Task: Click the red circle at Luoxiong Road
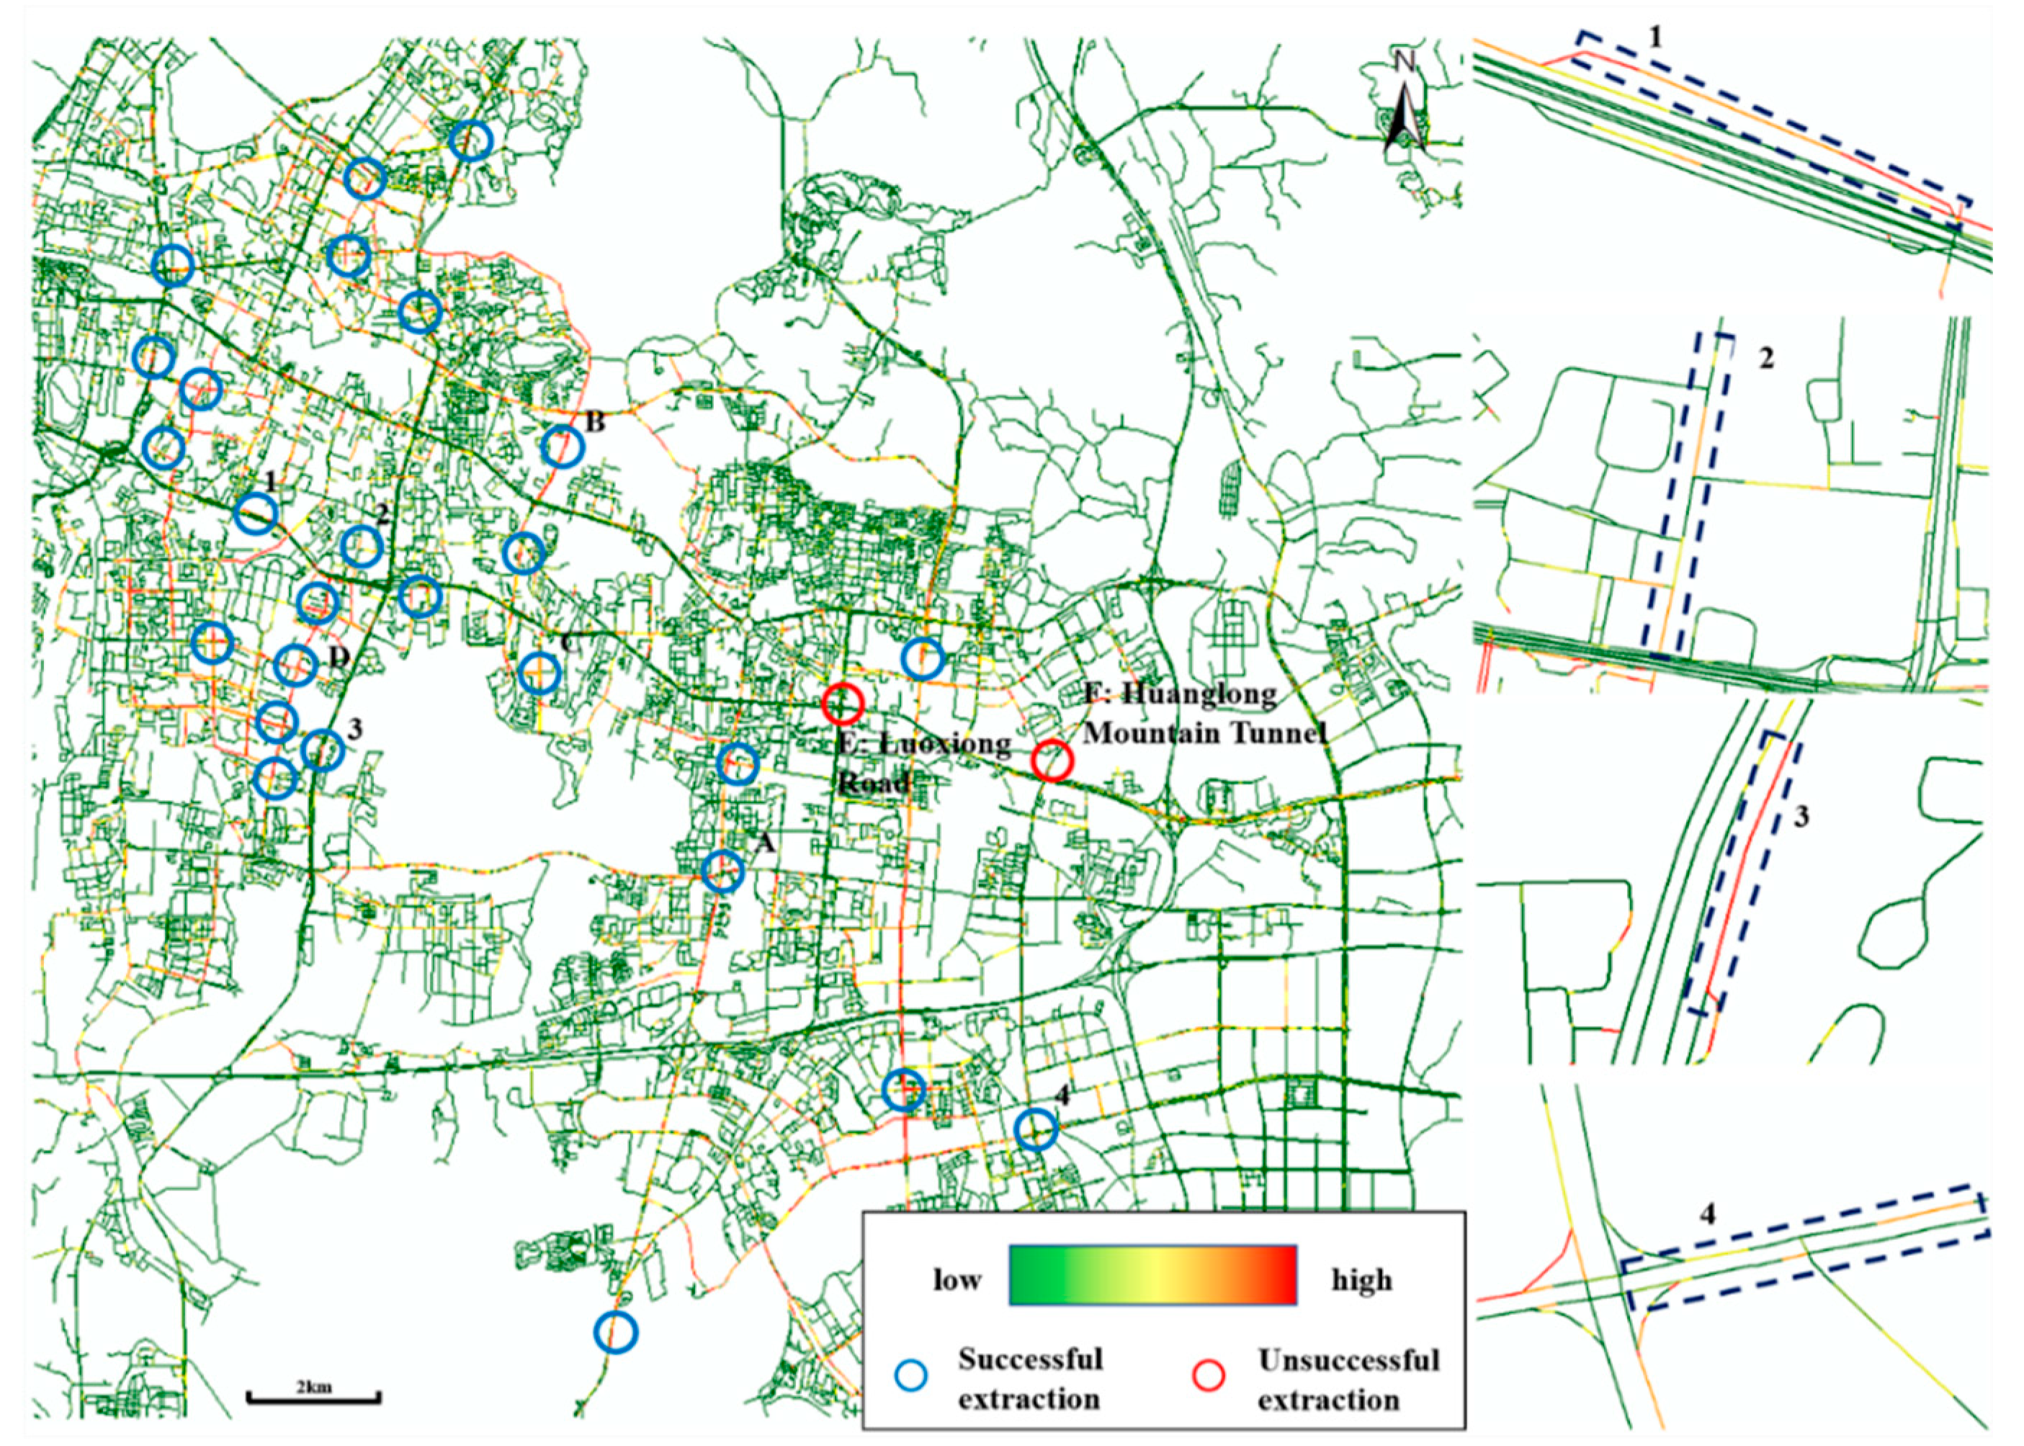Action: tap(842, 704)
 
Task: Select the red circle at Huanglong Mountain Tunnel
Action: tap(1052, 760)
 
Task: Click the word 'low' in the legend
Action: tap(957, 1280)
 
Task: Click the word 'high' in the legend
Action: tap(1361, 1280)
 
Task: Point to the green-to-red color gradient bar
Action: tap(1152, 1275)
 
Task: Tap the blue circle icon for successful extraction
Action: tap(910, 1375)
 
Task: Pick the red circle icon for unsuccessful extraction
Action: tap(1209, 1375)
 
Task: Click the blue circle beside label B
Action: tap(562, 445)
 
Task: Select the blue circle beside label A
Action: tap(722, 871)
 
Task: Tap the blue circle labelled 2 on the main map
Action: tap(362, 546)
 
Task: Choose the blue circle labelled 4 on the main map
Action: tap(1036, 1130)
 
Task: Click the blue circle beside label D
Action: tap(295, 665)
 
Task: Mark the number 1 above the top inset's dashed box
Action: tap(1654, 37)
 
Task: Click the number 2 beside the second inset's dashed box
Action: tap(1765, 358)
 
